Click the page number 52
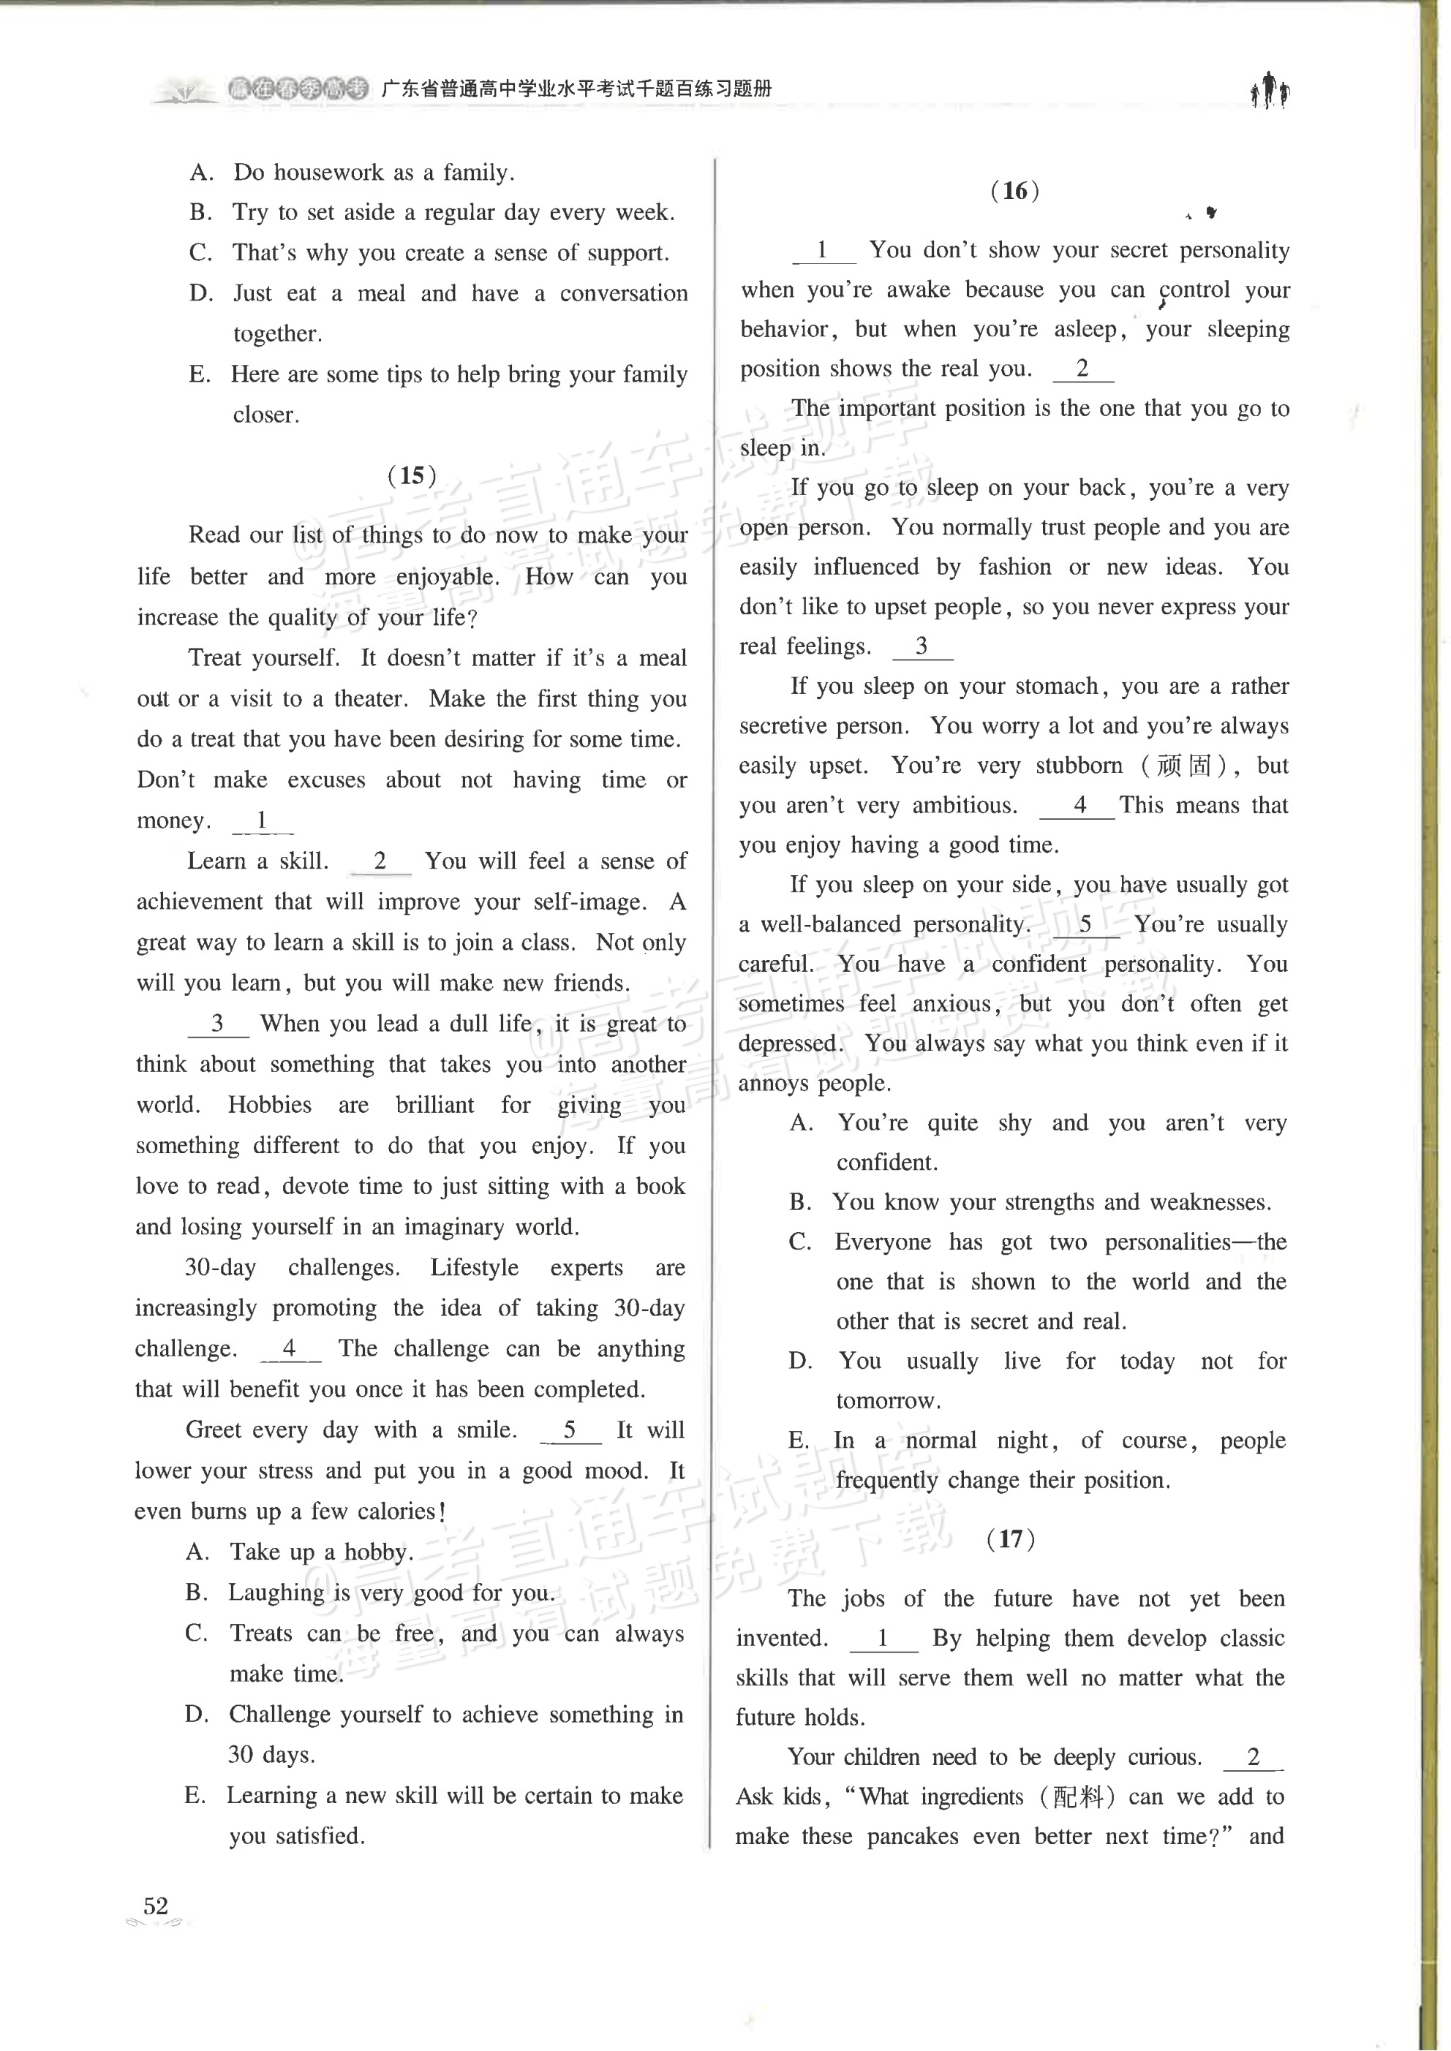(x=156, y=1905)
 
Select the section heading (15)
(x=412, y=475)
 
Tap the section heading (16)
(x=1015, y=190)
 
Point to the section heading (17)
(x=1011, y=1539)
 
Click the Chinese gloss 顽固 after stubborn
(x=1184, y=766)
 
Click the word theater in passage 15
(x=370, y=698)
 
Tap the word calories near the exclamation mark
(x=396, y=1511)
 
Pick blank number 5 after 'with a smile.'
(x=570, y=1430)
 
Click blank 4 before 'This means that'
(x=1079, y=805)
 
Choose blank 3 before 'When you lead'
(x=217, y=1024)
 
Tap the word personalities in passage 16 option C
(x=1168, y=1242)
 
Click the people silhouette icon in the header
(x=1270, y=90)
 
